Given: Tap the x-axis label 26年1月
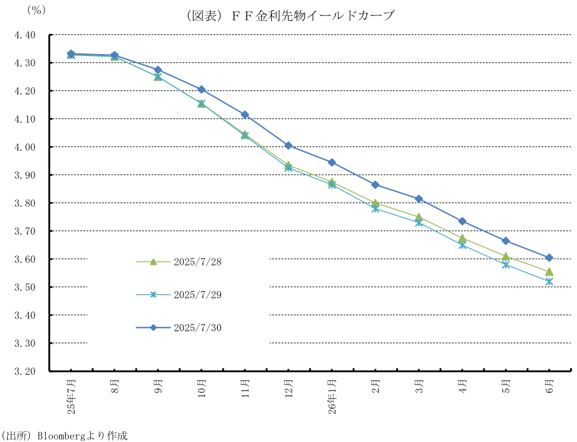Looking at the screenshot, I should [x=332, y=399].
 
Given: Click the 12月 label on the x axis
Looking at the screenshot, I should [x=288, y=388].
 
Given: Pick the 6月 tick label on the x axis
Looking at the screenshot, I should [x=550, y=386].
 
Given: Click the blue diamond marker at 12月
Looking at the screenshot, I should [x=288, y=146].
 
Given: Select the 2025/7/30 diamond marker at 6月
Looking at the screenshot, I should [x=549, y=258].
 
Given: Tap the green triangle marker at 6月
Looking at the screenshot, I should [x=549, y=272].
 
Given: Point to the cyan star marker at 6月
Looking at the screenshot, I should [x=549, y=282].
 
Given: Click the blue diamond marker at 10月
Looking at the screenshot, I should [x=201, y=90].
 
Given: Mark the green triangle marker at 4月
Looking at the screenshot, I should [x=462, y=239].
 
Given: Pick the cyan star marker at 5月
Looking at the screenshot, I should [x=506, y=264].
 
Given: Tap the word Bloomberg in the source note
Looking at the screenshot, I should [x=64, y=436].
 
